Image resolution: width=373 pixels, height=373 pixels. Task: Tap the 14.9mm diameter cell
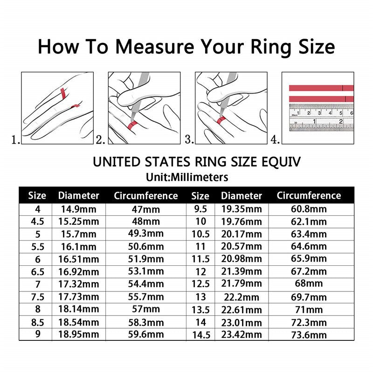(x=78, y=209)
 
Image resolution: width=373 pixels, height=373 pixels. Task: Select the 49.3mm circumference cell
(x=146, y=234)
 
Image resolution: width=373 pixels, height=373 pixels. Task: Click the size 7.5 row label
(x=37, y=297)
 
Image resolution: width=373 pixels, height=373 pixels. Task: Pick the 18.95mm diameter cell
(x=78, y=334)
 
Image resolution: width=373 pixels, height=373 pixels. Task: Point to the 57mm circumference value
(x=146, y=310)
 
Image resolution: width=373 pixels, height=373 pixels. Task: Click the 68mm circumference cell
(x=309, y=284)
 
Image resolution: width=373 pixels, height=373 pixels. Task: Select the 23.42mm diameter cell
(x=242, y=334)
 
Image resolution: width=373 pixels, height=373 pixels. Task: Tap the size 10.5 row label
(x=200, y=234)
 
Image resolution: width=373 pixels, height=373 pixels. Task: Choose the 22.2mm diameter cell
(x=242, y=297)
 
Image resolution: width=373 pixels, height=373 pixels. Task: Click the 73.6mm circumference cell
(x=309, y=334)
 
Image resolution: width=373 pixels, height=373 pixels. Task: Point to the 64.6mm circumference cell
(x=309, y=246)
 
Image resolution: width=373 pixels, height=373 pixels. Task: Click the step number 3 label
(x=189, y=139)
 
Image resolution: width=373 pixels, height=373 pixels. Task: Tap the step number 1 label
(x=15, y=139)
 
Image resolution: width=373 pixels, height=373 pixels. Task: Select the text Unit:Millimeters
(x=186, y=177)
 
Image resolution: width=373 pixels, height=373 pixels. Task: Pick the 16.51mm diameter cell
(x=78, y=259)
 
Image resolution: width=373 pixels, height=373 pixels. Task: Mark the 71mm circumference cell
(x=309, y=310)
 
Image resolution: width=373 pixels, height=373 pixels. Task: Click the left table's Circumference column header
(x=146, y=196)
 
